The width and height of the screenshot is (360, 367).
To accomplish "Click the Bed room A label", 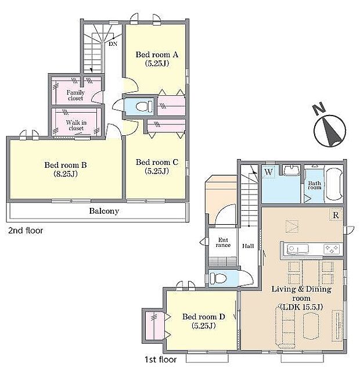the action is click(x=157, y=55).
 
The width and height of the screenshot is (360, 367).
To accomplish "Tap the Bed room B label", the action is click(x=66, y=165).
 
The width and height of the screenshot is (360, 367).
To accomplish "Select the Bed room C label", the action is click(x=157, y=162).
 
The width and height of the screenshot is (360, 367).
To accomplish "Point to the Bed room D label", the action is click(x=204, y=316).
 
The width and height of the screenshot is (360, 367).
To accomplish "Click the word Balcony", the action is click(x=104, y=211).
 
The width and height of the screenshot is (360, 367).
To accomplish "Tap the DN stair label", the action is click(x=113, y=44).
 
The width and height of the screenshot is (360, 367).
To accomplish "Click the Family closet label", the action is click(x=75, y=95).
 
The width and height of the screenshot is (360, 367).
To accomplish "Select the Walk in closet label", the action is click(x=76, y=125).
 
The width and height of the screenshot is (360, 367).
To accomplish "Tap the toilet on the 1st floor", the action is click(x=218, y=279).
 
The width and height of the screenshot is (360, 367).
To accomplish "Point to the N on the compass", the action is click(x=319, y=109).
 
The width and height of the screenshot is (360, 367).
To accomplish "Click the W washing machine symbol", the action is click(x=268, y=172).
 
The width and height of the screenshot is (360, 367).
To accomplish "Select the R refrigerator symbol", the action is click(x=336, y=215).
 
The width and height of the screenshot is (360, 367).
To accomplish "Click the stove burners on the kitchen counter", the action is click(x=332, y=249).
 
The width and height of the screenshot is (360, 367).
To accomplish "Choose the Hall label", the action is click(x=248, y=246).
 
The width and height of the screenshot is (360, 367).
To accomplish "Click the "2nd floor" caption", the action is click(x=26, y=231).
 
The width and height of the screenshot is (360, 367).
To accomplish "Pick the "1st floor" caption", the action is click(x=161, y=359).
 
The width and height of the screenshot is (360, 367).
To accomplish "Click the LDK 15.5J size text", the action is click(x=302, y=307).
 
